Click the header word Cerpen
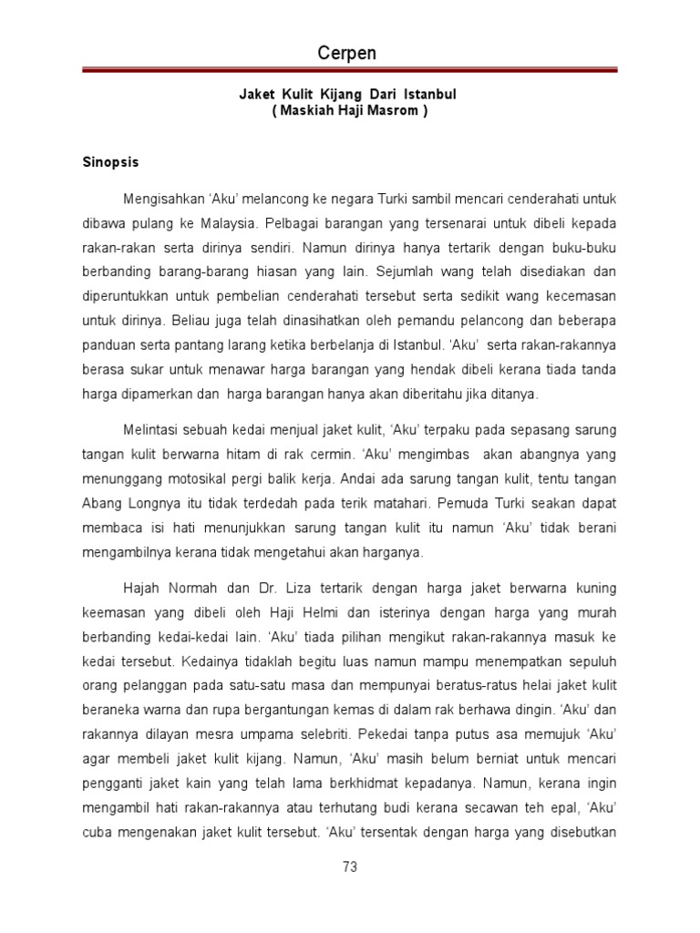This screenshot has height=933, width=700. (346, 54)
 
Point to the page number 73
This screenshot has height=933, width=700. (350, 867)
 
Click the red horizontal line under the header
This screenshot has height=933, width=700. (350, 70)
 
